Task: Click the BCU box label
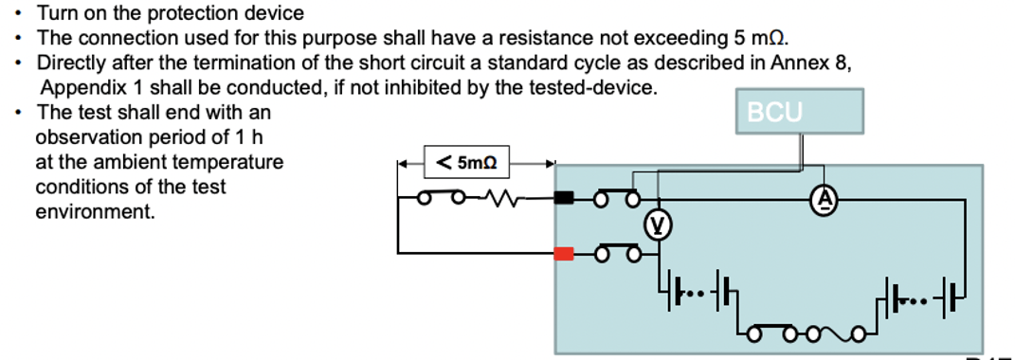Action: [775, 113]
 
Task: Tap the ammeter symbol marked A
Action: [824, 201]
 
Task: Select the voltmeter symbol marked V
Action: [658, 225]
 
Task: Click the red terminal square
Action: [564, 254]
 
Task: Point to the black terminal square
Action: [564, 198]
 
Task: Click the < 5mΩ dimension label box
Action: [466, 162]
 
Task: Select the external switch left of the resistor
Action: [442, 196]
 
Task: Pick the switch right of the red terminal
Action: [617, 253]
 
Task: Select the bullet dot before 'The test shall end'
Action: [20, 113]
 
